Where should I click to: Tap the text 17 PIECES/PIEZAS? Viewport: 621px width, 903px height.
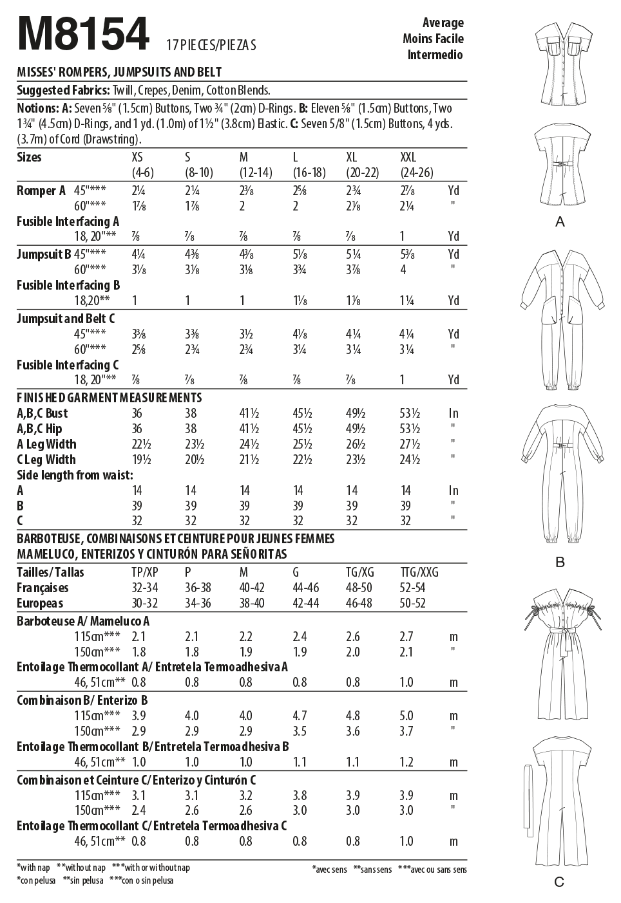pos(211,45)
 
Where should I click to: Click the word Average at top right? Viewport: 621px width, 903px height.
pos(443,23)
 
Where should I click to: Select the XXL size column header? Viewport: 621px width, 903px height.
pos(408,158)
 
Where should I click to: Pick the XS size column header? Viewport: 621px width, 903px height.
pos(137,158)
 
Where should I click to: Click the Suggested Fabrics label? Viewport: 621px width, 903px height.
pos(63,91)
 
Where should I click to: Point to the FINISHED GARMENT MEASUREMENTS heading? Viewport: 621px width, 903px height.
pos(109,398)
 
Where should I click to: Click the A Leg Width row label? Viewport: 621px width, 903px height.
pos(46,445)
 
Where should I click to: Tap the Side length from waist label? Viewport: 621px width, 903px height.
pos(75,476)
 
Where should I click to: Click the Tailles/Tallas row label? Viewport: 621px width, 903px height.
pos(50,572)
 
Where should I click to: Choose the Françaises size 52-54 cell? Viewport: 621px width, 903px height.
pos(412,588)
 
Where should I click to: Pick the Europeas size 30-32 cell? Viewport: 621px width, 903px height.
pos(144,604)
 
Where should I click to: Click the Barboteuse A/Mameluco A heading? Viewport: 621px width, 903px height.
pos(83,621)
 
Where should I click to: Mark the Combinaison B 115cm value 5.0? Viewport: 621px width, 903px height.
pos(406,716)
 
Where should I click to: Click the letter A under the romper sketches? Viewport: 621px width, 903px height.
pos(560,222)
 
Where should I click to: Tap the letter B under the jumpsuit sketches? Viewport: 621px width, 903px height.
pos(560,563)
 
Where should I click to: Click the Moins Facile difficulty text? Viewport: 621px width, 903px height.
pos(433,39)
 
